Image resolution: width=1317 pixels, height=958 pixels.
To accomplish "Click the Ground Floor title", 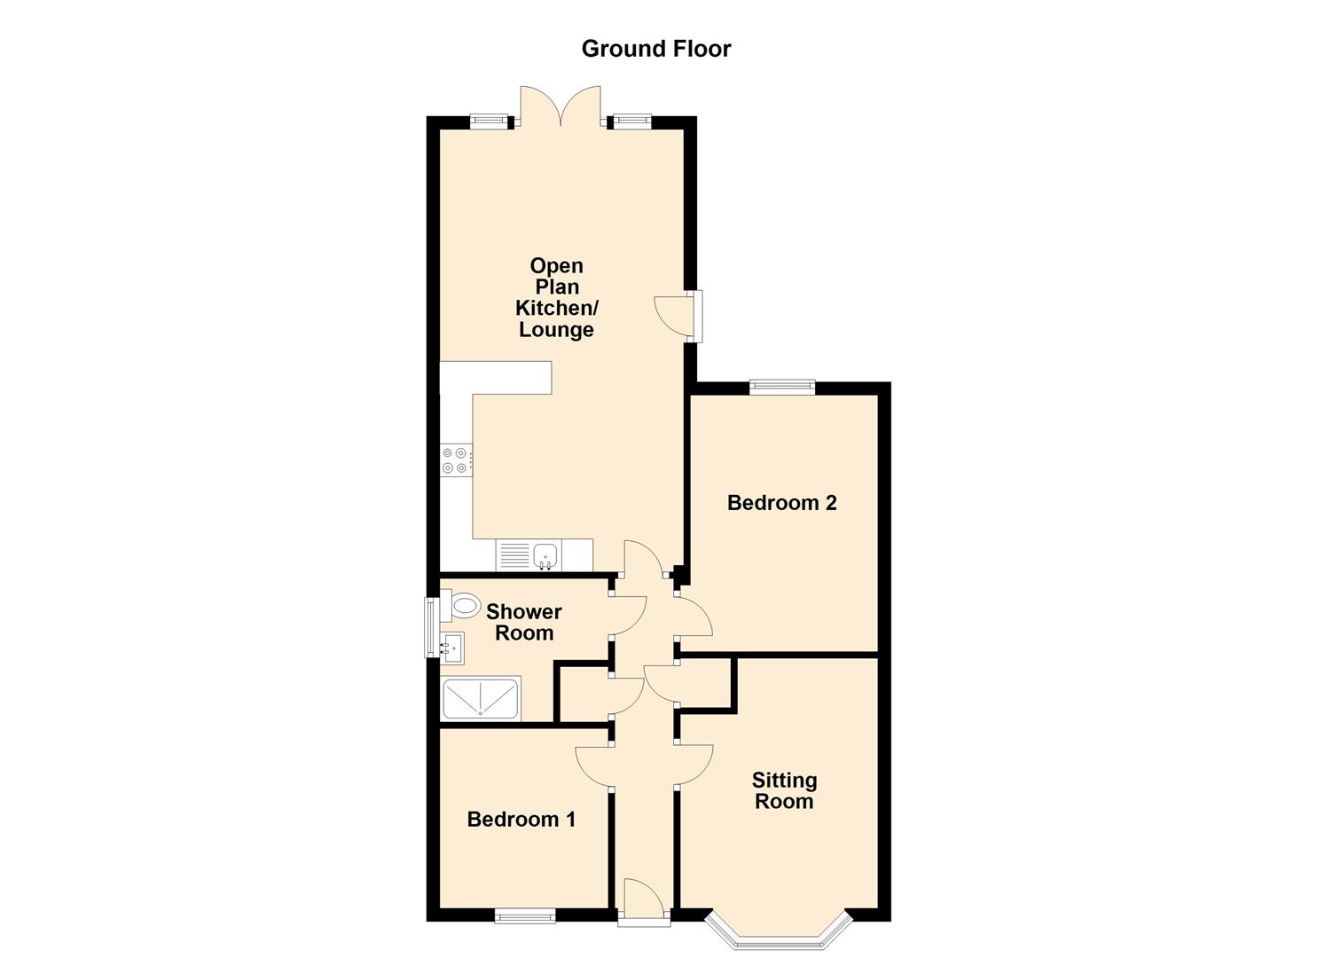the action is pos(656,49).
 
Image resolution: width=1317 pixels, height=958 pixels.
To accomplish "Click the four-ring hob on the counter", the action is pos(456,460).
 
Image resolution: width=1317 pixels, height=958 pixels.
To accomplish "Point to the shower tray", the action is pos(481,698).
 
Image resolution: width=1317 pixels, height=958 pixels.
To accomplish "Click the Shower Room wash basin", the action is pos(452,648).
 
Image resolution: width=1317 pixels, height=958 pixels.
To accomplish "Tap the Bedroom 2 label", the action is pos(782,503).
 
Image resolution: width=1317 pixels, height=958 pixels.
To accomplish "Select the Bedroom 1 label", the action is pos(521,820).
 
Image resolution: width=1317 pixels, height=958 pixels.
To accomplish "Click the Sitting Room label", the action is pos(784,791).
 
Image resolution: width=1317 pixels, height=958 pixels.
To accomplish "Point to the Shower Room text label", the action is pos(524,622).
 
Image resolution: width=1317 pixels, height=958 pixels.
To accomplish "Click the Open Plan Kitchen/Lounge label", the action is pos(556,297).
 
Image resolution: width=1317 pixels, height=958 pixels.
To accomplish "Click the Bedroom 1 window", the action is pos(525,916).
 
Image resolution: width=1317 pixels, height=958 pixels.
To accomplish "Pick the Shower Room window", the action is pos(432,627).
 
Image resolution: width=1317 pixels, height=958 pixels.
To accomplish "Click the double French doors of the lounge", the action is pos(561,107).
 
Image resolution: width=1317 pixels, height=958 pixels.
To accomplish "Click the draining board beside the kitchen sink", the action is pos(514,556).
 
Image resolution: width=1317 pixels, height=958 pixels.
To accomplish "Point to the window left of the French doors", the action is pos(488,121).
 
